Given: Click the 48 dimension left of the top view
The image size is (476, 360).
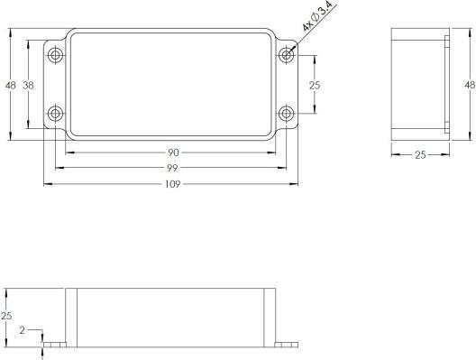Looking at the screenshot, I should click(x=10, y=85).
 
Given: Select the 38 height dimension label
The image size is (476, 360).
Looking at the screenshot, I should click(x=28, y=85).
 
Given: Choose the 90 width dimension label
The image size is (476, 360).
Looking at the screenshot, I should click(x=172, y=152).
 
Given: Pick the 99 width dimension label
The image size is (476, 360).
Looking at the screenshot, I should click(x=172, y=168).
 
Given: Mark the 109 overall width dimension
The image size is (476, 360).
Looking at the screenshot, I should click(x=172, y=184).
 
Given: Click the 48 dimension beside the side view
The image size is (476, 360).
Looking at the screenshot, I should click(x=468, y=85).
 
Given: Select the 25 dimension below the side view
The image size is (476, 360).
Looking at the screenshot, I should click(x=419, y=155).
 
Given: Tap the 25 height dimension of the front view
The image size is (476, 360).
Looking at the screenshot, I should click(x=6, y=316).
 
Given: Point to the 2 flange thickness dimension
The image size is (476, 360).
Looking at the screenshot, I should click(x=22, y=331).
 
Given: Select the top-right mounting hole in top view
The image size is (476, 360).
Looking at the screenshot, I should click(x=287, y=55).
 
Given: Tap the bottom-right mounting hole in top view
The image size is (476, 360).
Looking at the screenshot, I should click(x=287, y=114).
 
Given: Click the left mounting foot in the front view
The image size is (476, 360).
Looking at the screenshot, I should click(x=55, y=345).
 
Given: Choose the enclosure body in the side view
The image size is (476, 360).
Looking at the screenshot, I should click(x=416, y=84).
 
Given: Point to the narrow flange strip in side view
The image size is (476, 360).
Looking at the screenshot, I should click(x=446, y=84).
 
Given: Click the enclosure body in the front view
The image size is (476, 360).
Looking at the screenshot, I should click(x=171, y=317).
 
